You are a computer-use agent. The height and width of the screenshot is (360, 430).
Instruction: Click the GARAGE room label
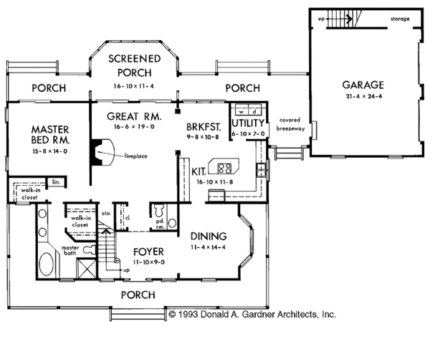pyautogui.click(x=363, y=85)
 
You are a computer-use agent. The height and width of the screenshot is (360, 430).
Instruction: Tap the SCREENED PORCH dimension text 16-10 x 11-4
pyautogui.click(x=134, y=86)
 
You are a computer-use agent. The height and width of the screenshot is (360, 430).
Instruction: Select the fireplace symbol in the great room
pyautogui.click(x=102, y=152)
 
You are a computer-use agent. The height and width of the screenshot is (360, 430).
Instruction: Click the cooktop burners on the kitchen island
pyautogui.click(x=224, y=169)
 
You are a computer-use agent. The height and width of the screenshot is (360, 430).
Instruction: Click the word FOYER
pyautogui.click(x=148, y=252)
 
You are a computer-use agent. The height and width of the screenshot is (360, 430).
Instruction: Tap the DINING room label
pyautogui.click(x=209, y=236)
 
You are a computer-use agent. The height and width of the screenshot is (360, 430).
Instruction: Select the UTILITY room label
pyautogui.click(x=248, y=123)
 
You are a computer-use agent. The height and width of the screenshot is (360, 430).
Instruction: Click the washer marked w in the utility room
pyautogui.click(x=242, y=112)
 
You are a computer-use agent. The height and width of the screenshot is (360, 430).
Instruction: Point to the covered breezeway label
pyautogui.click(x=290, y=124)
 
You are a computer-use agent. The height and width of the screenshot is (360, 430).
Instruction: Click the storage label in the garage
pyautogui.click(x=400, y=19)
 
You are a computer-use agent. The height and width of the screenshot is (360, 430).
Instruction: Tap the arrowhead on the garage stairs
pyautogui.click(x=350, y=19)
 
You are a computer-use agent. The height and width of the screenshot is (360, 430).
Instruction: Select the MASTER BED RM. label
pyautogui.click(x=50, y=134)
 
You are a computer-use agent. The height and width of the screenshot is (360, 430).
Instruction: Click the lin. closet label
pyautogui.click(x=56, y=181)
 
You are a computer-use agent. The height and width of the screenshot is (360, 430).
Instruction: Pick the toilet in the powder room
pyautogui.click(x=159, y=210)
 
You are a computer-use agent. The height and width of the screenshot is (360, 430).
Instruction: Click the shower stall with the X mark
pyautogui.click(x=86, y=268)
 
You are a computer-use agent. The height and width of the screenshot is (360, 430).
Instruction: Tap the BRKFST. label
pyautogui.click(x=204, y=127)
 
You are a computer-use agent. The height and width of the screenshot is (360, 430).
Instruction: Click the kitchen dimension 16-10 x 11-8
pyautogui.click(x=215, y=181)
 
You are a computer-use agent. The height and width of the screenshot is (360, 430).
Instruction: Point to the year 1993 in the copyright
pyautogui.click(x=188, y=314)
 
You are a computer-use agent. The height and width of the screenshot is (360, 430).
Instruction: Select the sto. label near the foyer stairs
pyautogui.click(x=106, y=213)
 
